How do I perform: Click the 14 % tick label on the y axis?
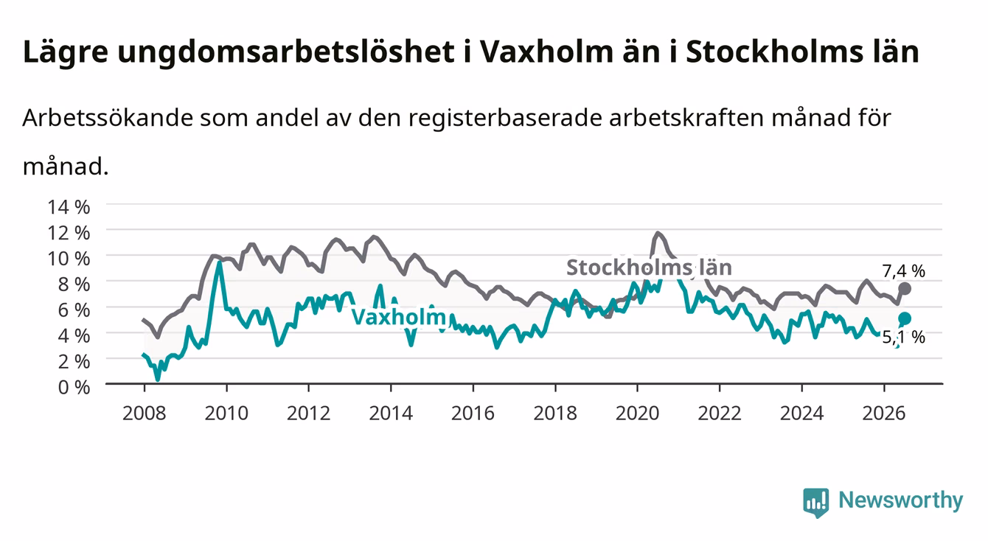point(69,207)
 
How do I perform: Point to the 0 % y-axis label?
point(74,387)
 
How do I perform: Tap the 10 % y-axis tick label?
point(69,259)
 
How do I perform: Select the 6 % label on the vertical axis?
point(74,310)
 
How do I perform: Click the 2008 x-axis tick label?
point(145,413)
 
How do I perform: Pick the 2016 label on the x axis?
point(473,413)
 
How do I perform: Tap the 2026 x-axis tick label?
point(884,413)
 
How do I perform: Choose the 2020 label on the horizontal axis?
point(637,413)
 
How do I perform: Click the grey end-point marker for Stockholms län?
point(905,289)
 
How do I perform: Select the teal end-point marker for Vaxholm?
point(905,318)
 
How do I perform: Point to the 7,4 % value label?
point(903,271)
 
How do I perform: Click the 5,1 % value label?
point(903,338)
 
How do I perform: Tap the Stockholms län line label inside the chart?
point(649,268)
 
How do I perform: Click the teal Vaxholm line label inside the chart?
point(400,317)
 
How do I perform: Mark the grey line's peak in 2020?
point(658,233)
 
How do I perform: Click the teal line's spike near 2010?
point(219,263)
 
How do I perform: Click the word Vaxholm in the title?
point(547,52)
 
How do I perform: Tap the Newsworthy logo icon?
point(816,503)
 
